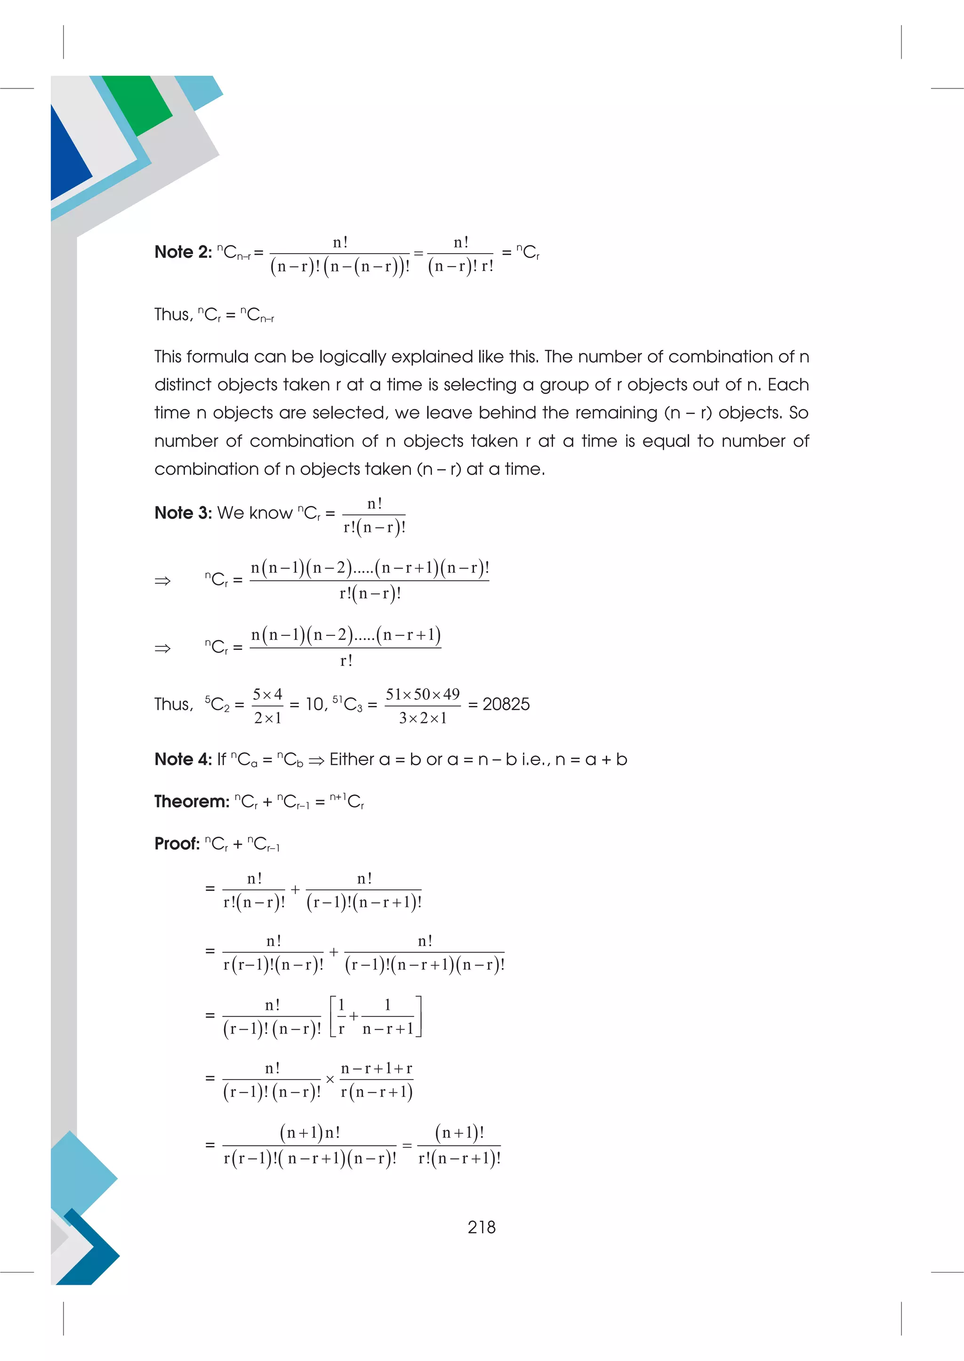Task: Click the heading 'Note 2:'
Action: [183, 252]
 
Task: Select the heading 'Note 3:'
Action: [183, 513]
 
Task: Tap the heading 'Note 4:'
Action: [183, 759]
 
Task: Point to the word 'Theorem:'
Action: [192, 801]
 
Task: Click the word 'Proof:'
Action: [177, 843]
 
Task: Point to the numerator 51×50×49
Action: [422, 694]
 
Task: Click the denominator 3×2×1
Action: [422, 718]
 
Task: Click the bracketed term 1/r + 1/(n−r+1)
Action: [375, 1016]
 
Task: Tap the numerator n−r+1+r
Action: [377, 1068]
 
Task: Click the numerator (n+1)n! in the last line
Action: [309, 1132]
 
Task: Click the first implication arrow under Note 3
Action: [162, 581]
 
